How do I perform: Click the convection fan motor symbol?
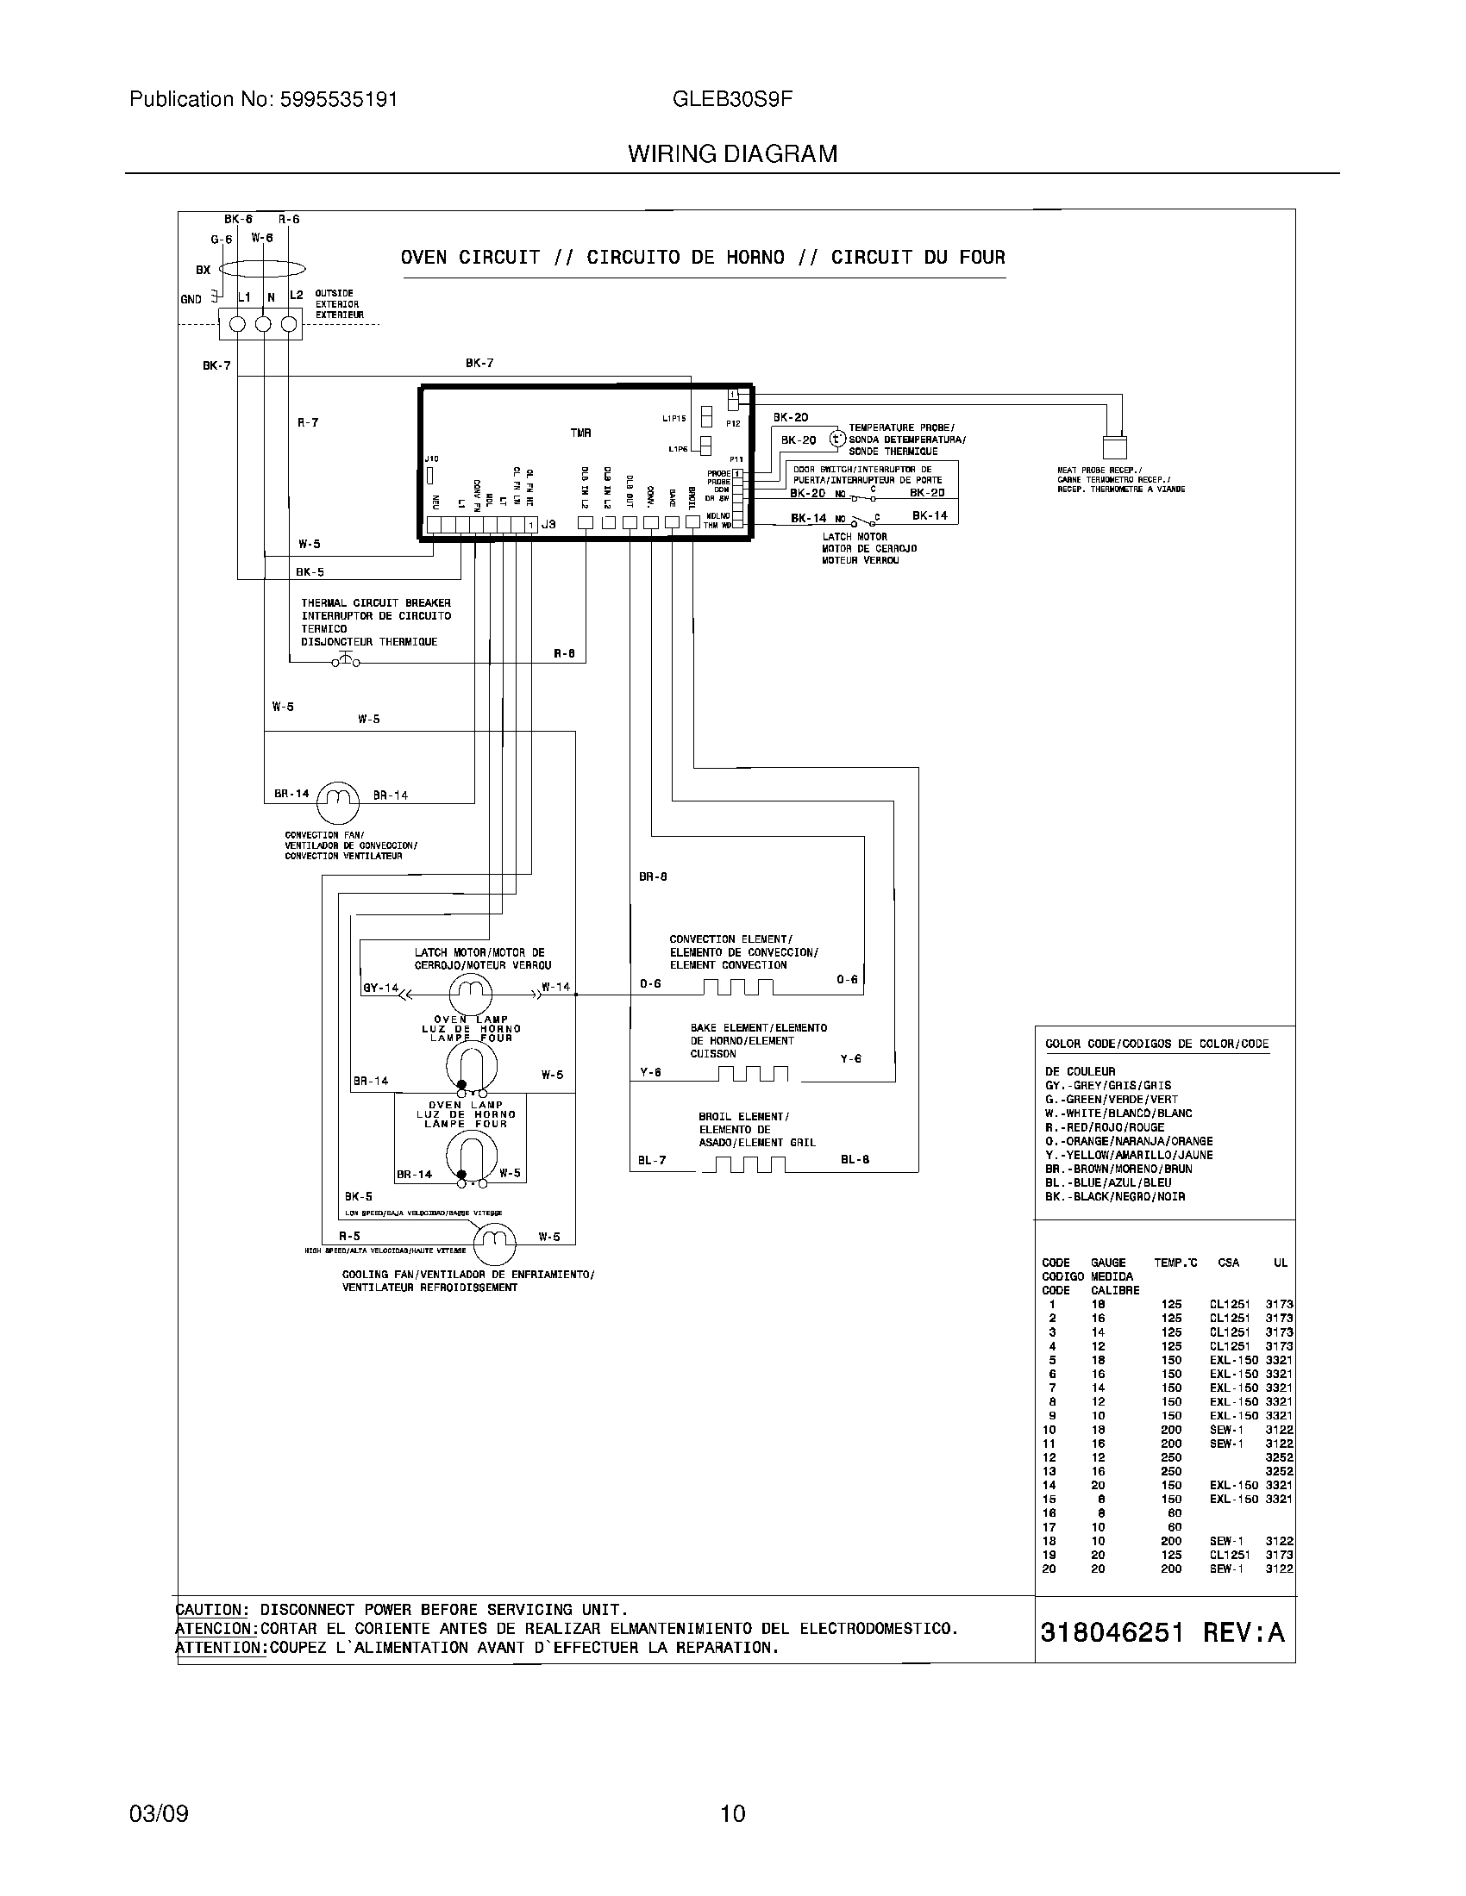point(338,802)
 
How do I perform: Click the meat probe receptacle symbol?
point(1114,446)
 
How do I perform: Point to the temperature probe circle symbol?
point(836,439)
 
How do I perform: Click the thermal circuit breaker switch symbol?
point(345,662)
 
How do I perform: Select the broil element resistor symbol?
point(743,1165)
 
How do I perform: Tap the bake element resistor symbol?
point(752,1075)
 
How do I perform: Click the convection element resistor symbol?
point(737,987)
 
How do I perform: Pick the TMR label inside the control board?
point(581,433)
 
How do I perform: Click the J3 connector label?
point(548,524)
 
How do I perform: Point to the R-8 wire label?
point(565,653)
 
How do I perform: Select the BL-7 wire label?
point(652,1160)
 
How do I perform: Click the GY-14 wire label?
point(380,988)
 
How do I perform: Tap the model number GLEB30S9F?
point(732,99)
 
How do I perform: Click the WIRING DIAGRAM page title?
point(732,154)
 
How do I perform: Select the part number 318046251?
point(1112,1633)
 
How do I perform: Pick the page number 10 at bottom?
point(732,1813)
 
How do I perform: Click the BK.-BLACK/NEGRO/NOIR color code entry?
point(1115,1196)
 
